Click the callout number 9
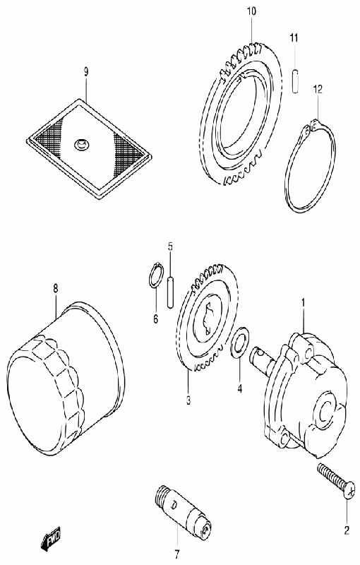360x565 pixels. click(x=85, y=72)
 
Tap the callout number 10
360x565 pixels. click(x=251, y=11)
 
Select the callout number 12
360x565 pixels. click(x=318, y=89)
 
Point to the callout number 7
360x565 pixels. click(x=177, y=553)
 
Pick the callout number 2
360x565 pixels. click(x=347, y=530)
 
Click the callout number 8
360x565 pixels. click(x=56, y=288)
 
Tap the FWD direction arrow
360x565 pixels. click(x=50, y=538)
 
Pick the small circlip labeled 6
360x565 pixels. click(x=156, y=275)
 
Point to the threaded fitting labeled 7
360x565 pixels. click(x=181, y=509)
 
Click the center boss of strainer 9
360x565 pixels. click(x=81, y=145)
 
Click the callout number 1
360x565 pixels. click(x=303, y=303)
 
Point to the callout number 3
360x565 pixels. click(x=188, y=400)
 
